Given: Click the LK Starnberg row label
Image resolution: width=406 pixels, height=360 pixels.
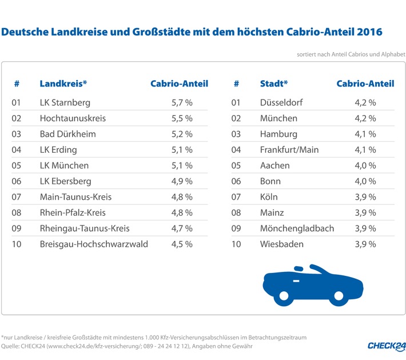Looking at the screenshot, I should tap(65, 103).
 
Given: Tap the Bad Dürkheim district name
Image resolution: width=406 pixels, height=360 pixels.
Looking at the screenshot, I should tap(67, 134).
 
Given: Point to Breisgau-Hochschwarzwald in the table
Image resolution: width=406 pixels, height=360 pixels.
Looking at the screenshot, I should tap(94, 244).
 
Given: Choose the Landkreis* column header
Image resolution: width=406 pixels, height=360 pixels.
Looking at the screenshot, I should tap(63, 84).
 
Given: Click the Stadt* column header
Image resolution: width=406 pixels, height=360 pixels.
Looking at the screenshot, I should tap(274, 84).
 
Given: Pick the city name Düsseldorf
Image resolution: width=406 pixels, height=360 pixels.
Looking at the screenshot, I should tap(281, 103).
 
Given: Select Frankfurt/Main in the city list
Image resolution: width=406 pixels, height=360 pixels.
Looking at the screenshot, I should tap(289, 150).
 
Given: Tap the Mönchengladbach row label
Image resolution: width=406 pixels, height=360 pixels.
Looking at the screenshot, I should tap(297, 228).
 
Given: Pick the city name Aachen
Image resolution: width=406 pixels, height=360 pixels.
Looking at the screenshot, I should tap(274, 165).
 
